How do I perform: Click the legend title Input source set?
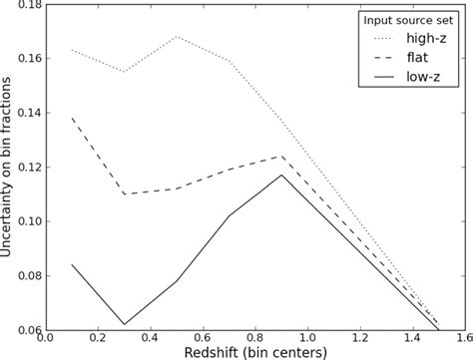pos(407,19)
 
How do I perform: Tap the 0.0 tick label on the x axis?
pos(50,340)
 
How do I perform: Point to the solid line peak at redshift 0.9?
pos(280,176)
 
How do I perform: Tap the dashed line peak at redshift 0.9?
pos(280,156)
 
